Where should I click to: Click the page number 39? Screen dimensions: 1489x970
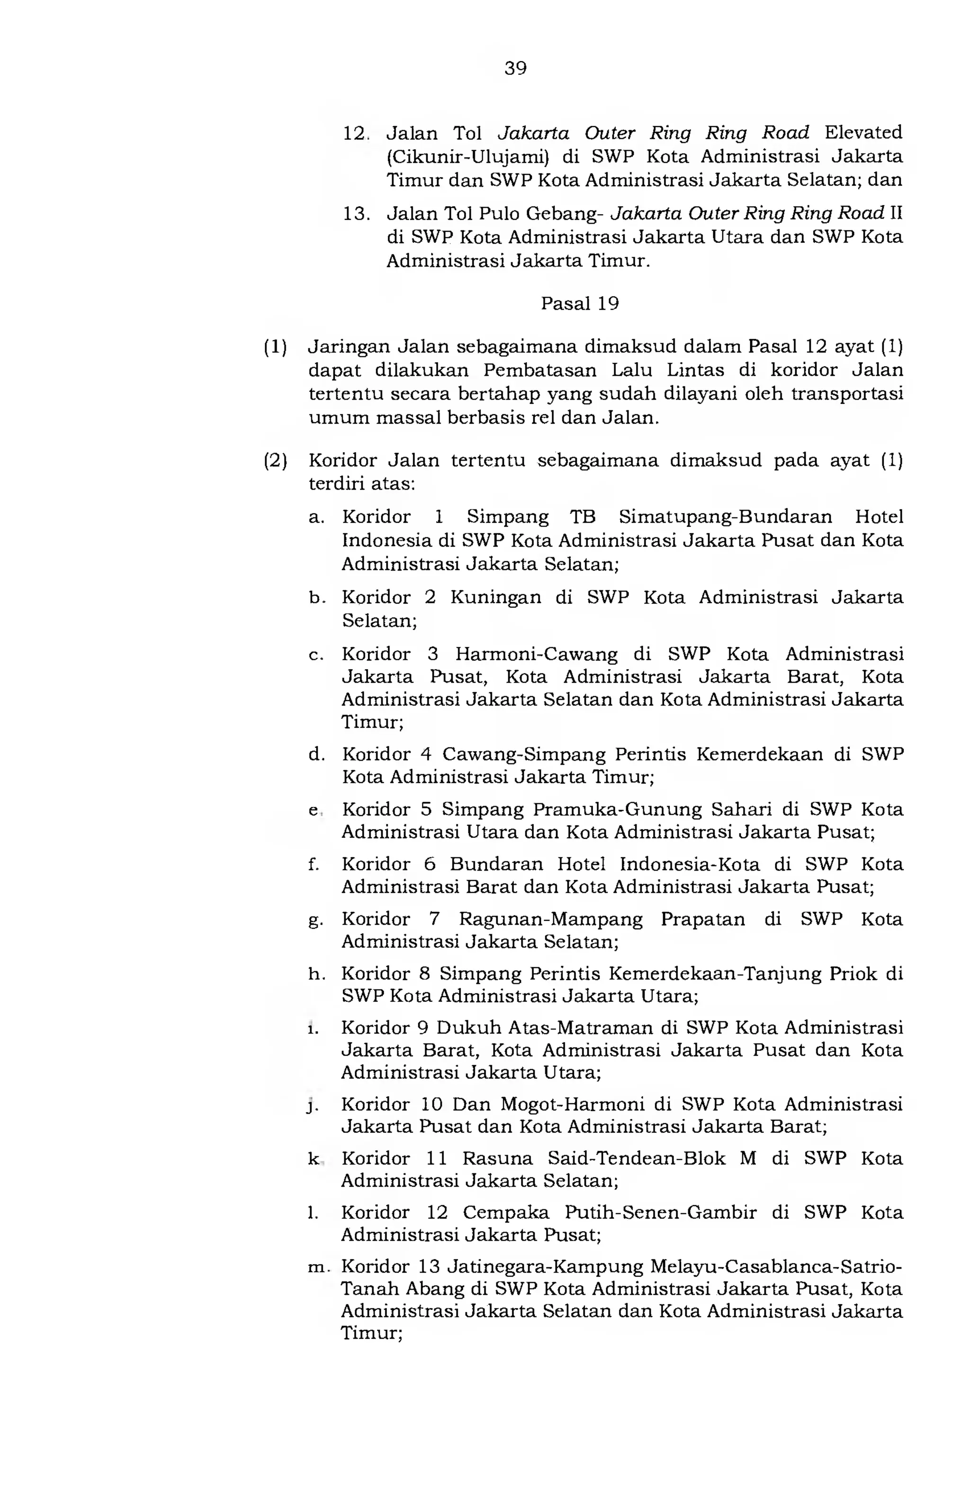coord(515,68)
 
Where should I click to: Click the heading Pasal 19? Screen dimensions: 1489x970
coord(579,304)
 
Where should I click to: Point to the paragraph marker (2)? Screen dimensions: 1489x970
coord(275,461)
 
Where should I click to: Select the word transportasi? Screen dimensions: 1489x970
coord(847,394)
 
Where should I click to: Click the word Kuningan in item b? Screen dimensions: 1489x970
coord(495,598)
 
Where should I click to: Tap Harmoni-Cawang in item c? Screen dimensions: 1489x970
coord(536,654)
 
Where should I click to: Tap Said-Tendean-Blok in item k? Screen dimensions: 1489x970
coord(636,1159)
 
